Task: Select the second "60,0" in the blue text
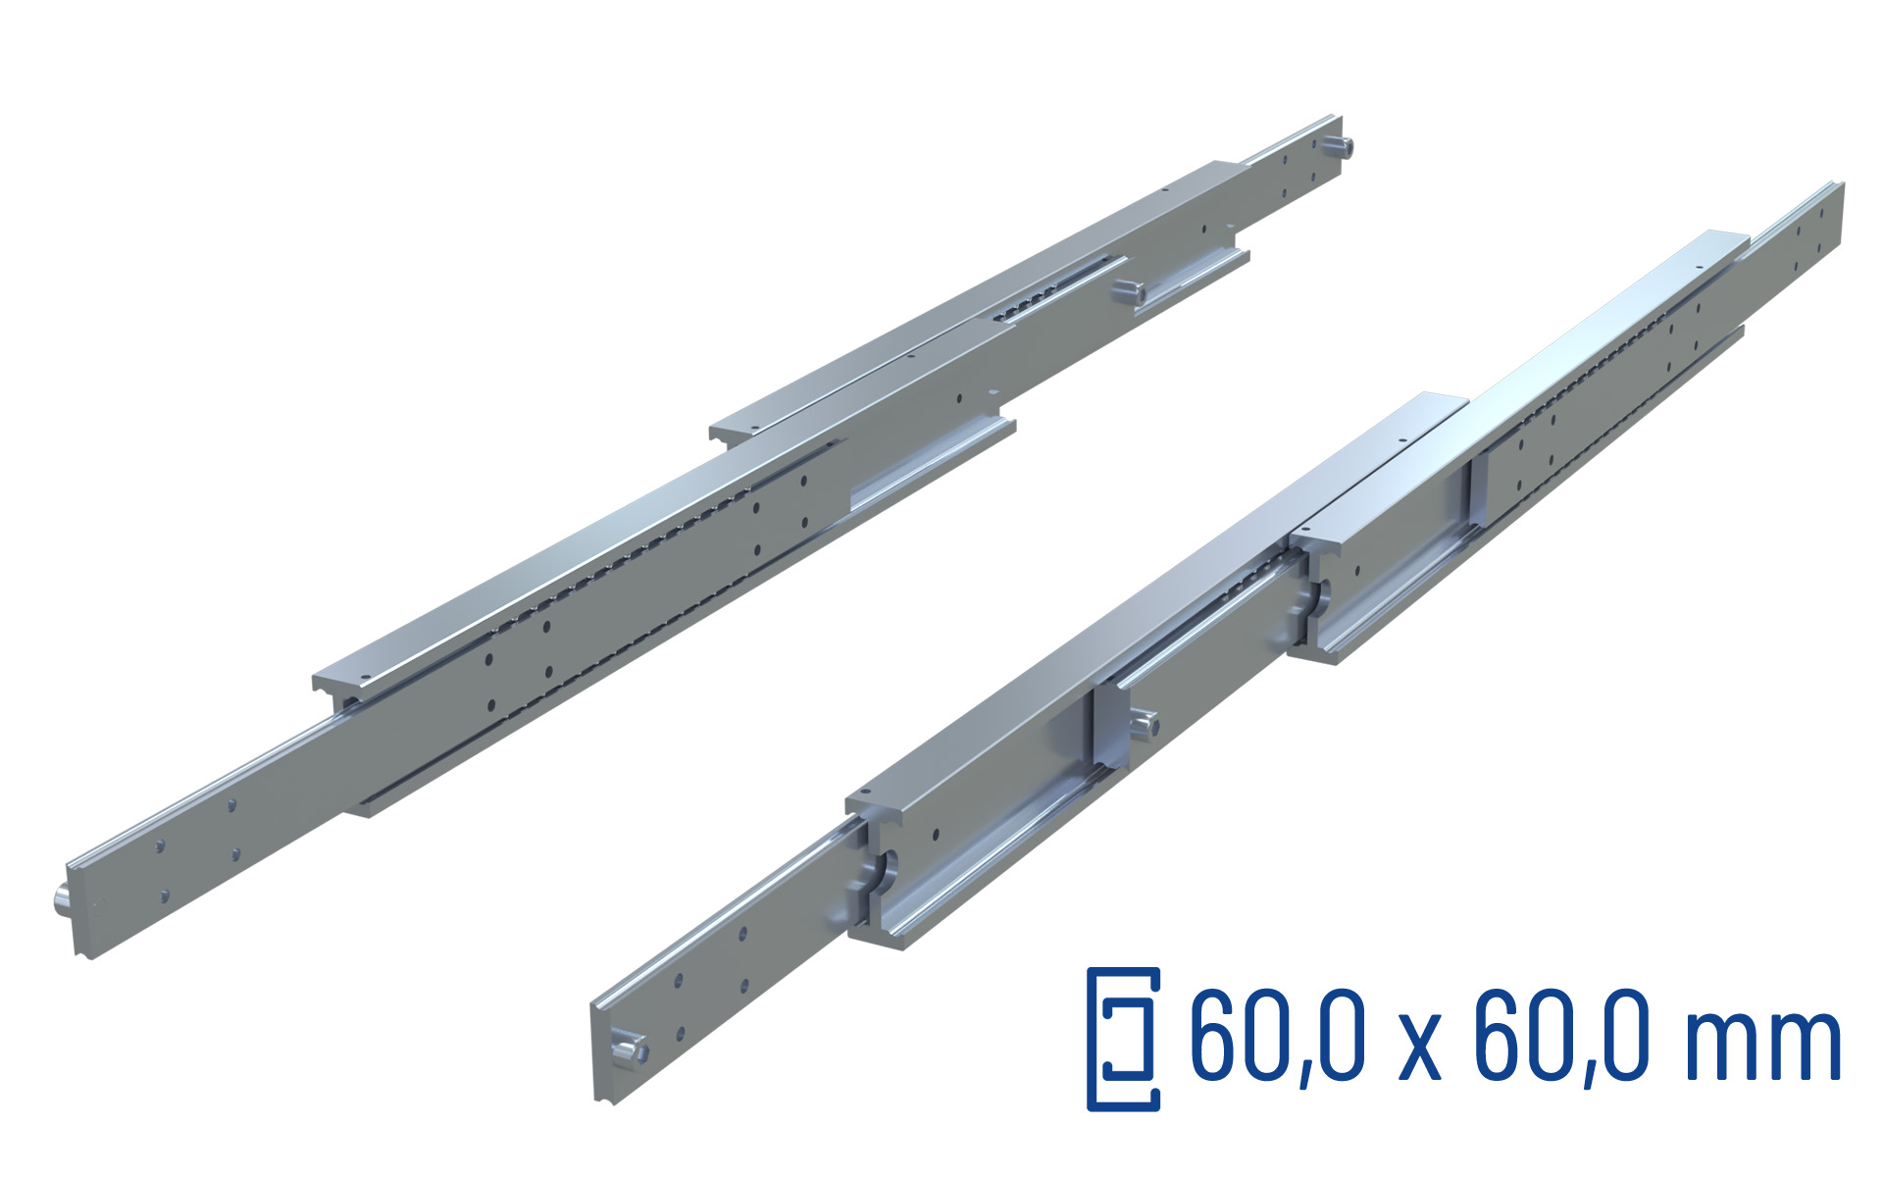[1558, 1036]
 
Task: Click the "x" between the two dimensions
[1418, 1048]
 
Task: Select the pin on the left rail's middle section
[1129, 290]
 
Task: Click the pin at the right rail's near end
[628, 1051]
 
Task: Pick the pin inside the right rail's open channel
[1144, 725]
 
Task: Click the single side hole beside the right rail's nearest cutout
[935, 835]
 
